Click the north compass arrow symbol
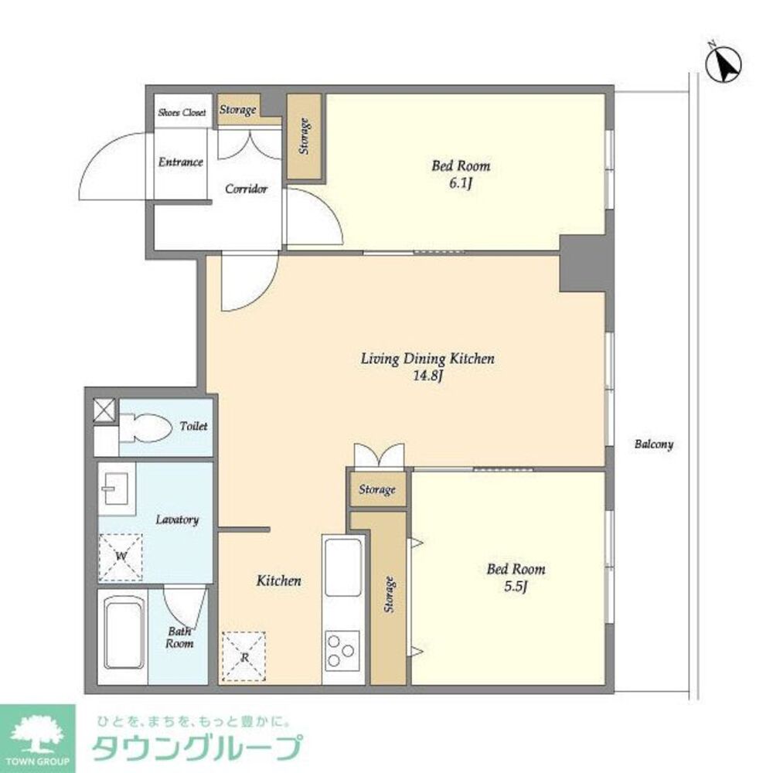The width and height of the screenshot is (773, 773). [x=725, y=65]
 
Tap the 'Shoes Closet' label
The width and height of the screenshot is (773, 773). [x=182, y=113]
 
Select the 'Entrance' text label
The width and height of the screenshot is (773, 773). [x=181, y=162]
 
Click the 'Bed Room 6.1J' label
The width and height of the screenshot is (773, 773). [x=461, y=174]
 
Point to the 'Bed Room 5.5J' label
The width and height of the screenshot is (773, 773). [x=516, y=577]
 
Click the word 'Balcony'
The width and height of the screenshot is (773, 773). [x=654, y=444]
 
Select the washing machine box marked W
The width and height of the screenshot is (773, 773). [x=120, y=557]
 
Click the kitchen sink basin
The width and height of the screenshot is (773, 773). [x=343, y=567]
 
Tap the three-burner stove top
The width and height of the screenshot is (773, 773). [x=342, y=649]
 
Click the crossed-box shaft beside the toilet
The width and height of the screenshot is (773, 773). [x=104, y=410]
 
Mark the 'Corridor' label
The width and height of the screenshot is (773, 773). [x=246, y=189]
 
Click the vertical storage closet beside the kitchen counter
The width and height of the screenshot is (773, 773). [x=389, y=595]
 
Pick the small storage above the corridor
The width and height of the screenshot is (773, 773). [x=238, y=110]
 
